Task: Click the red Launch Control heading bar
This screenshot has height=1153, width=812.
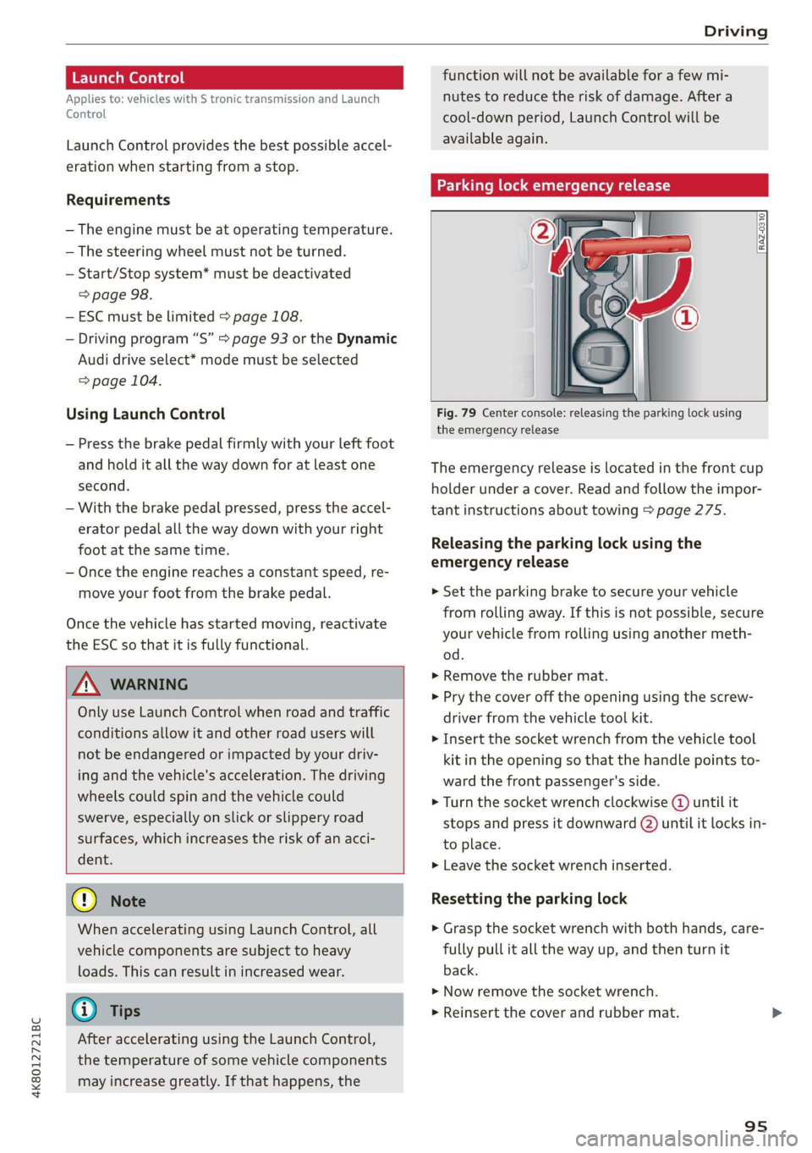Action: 233,78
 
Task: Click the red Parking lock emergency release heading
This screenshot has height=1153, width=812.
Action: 599,185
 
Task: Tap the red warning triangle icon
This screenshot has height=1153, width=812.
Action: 86,684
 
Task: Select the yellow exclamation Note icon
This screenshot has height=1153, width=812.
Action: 85,900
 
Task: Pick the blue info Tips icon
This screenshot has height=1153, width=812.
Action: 85,1010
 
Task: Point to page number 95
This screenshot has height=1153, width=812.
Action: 755,1126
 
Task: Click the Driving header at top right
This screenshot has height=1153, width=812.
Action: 735,31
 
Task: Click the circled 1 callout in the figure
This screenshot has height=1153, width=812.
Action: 685,317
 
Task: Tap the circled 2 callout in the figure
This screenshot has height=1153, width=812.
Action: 542,230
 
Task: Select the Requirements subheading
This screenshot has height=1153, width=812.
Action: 118,200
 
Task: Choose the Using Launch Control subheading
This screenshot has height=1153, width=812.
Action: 145,414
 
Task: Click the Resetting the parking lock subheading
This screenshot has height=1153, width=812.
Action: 529,898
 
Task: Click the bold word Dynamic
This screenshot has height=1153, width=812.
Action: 366,338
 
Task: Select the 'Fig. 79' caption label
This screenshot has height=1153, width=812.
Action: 456,413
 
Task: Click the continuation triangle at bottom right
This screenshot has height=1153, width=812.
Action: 776,1013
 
